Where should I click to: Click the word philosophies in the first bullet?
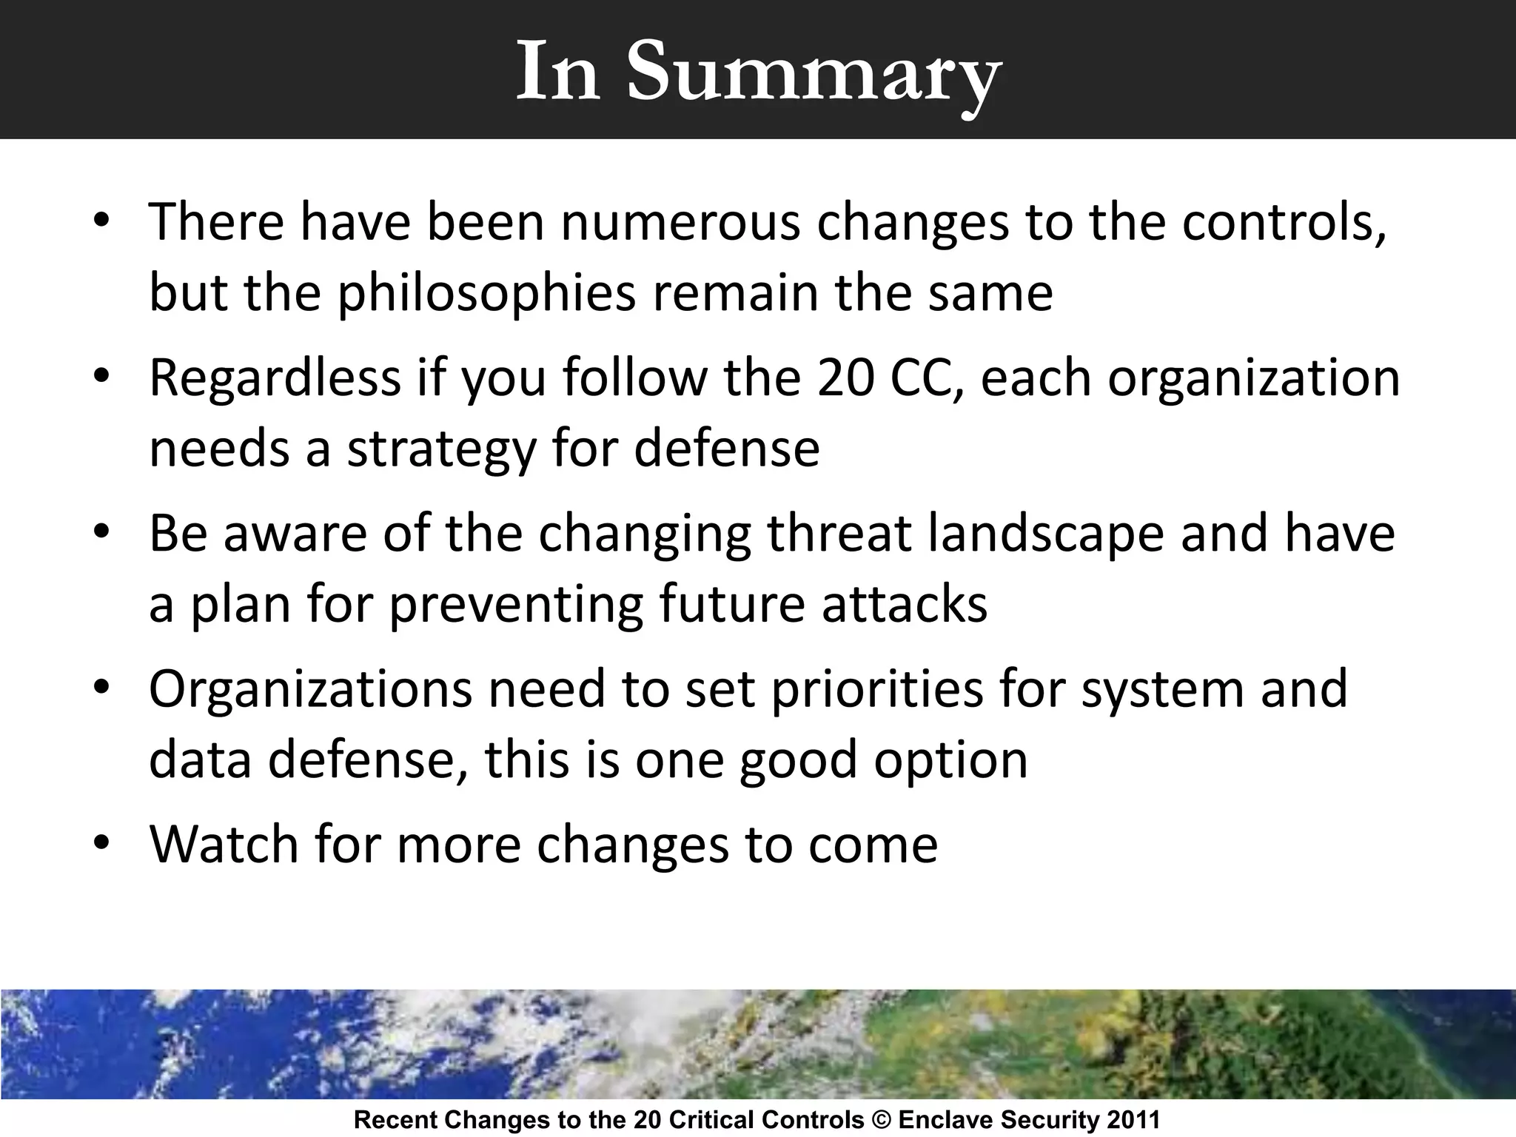[x=486, y=293]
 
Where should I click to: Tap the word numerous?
[x=680, y=222]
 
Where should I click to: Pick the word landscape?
[x=1046, y=534]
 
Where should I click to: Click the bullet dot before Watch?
[x=102, y=844]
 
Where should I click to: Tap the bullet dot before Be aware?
[x=102, y=533]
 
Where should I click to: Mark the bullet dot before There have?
[x=102, y=222]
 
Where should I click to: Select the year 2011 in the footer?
[x=1133, y=1120]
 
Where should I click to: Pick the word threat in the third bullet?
[x=839, y=534]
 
